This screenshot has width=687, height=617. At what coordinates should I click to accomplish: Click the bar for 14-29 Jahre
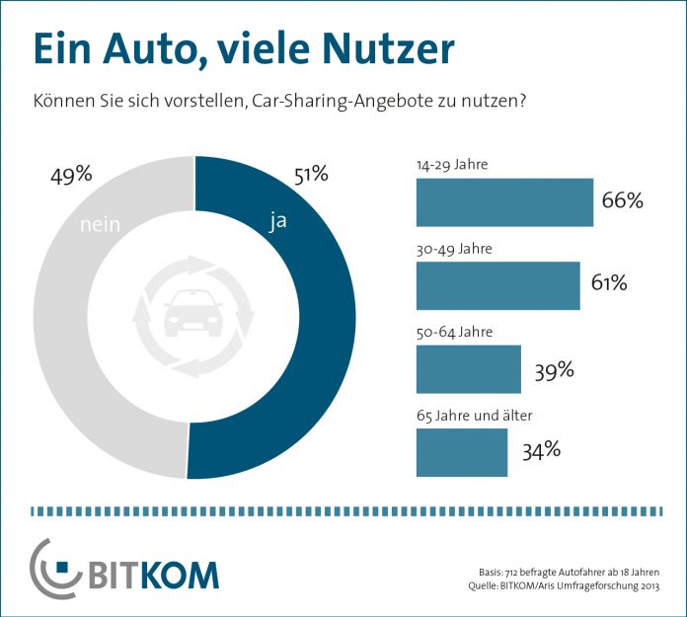(x=504, y=202)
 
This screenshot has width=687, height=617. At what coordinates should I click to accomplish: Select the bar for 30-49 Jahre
(x=497, y=285)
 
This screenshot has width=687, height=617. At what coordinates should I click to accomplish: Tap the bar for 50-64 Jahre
(x=469, y=369)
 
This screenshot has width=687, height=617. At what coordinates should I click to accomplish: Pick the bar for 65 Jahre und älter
(x=462, y=452)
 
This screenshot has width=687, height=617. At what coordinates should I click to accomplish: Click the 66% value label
(x=622, y=201)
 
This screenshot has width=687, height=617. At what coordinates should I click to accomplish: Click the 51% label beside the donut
(x=310, y=176)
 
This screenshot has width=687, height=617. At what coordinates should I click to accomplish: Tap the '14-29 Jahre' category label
(x=451, y=165)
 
